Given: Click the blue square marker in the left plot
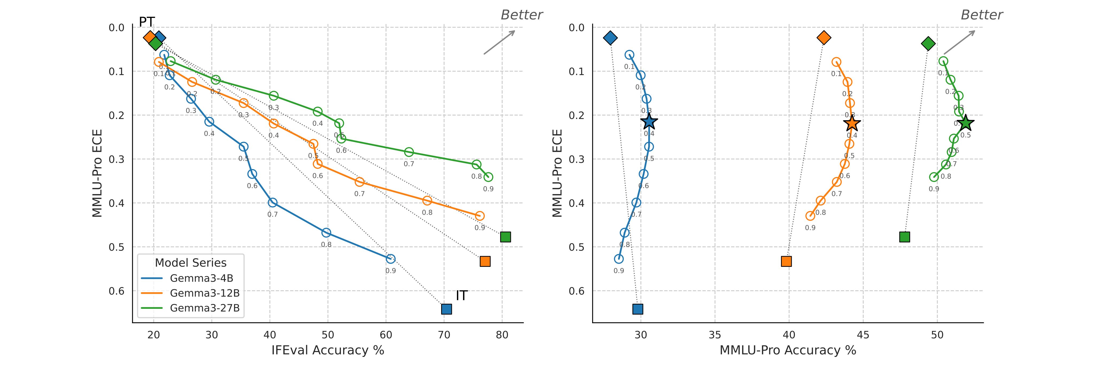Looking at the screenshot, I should pos(446,309).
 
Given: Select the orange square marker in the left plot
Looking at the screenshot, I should pos(485,261).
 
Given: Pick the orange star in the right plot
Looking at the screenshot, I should pos(852,123).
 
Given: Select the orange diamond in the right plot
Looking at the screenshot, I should pos(824,38).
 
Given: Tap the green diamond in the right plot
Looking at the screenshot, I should pos(928,43).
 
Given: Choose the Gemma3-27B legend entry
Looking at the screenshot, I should pos(204,308).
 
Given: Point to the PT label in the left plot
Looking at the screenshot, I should pos(147,22).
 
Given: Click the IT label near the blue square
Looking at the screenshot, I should pos(462,296).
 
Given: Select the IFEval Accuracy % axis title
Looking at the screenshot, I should pos(328,350).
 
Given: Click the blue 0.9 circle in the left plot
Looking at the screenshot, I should pos(390,259).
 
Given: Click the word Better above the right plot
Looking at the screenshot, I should pos(982,15).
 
